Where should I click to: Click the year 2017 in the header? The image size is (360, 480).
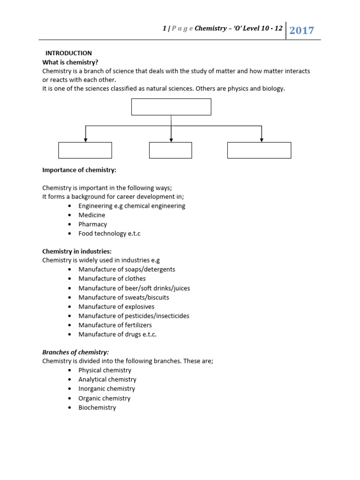click(x=301, y=31)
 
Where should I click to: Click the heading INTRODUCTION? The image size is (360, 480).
click(x=68, y=53)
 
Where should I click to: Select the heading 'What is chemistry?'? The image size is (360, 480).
click(x=70, y=62)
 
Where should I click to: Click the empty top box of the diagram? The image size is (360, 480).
click(x=171, y=107)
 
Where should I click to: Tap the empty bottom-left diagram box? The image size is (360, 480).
click(x=85, y=150)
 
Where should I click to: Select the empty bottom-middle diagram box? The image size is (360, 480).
click(x=170, y=150)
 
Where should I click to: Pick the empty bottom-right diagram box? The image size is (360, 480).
click(x=259, y=150)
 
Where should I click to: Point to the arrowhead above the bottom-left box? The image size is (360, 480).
click(x=85, y=139)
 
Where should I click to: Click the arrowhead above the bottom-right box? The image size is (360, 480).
click(x=262, y=139)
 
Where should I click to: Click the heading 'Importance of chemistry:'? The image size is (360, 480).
click(x=79, y=169)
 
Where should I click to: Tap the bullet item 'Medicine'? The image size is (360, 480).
click(x=92, y=215)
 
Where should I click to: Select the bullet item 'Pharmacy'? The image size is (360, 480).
click(x=93, y=224)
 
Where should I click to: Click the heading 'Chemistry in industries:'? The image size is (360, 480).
click(x=77, y=251)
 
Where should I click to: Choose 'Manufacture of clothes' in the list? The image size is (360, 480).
click(x=112, y=278)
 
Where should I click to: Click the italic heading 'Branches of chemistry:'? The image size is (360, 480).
click(x=75, y=352)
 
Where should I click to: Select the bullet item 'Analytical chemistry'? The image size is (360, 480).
click(x=107, y=379)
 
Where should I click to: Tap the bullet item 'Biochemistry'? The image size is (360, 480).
click(x=97, y=407)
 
